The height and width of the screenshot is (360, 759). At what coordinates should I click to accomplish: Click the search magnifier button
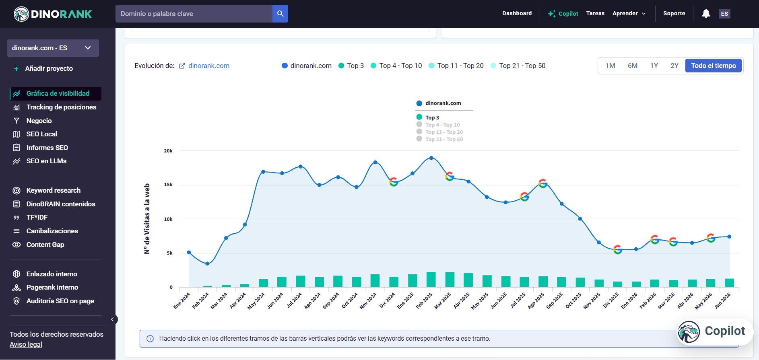click(280, 14)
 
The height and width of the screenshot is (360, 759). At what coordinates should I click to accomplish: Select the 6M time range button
click(633, 66)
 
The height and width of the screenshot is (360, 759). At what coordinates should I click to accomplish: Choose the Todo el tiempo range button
click(714, 66)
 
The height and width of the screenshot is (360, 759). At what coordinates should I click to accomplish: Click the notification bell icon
click(706, 14)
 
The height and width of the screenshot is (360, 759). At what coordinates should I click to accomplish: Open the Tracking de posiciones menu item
click(61, 107)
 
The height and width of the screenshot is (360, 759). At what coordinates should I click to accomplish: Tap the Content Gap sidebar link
click(45, 245)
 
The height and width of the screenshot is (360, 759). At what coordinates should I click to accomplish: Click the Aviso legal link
click(26, 344)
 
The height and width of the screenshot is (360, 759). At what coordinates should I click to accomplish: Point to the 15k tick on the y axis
click(168, 185)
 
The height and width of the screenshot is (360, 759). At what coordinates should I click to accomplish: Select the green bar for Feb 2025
click(431, 280)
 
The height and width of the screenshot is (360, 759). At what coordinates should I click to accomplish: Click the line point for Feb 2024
click(207, 264)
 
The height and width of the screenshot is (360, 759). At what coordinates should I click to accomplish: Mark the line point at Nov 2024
click(375, 162)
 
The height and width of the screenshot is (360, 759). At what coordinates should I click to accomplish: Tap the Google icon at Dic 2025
click(618, 250)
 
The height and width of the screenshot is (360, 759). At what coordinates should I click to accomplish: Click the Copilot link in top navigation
click(563, 14)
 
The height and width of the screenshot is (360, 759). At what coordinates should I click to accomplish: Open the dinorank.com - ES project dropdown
click(53, 48)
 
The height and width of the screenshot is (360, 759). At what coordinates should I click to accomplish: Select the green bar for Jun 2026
click(729, 283)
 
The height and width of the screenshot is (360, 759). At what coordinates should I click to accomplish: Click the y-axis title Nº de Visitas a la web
click(147, 219)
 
